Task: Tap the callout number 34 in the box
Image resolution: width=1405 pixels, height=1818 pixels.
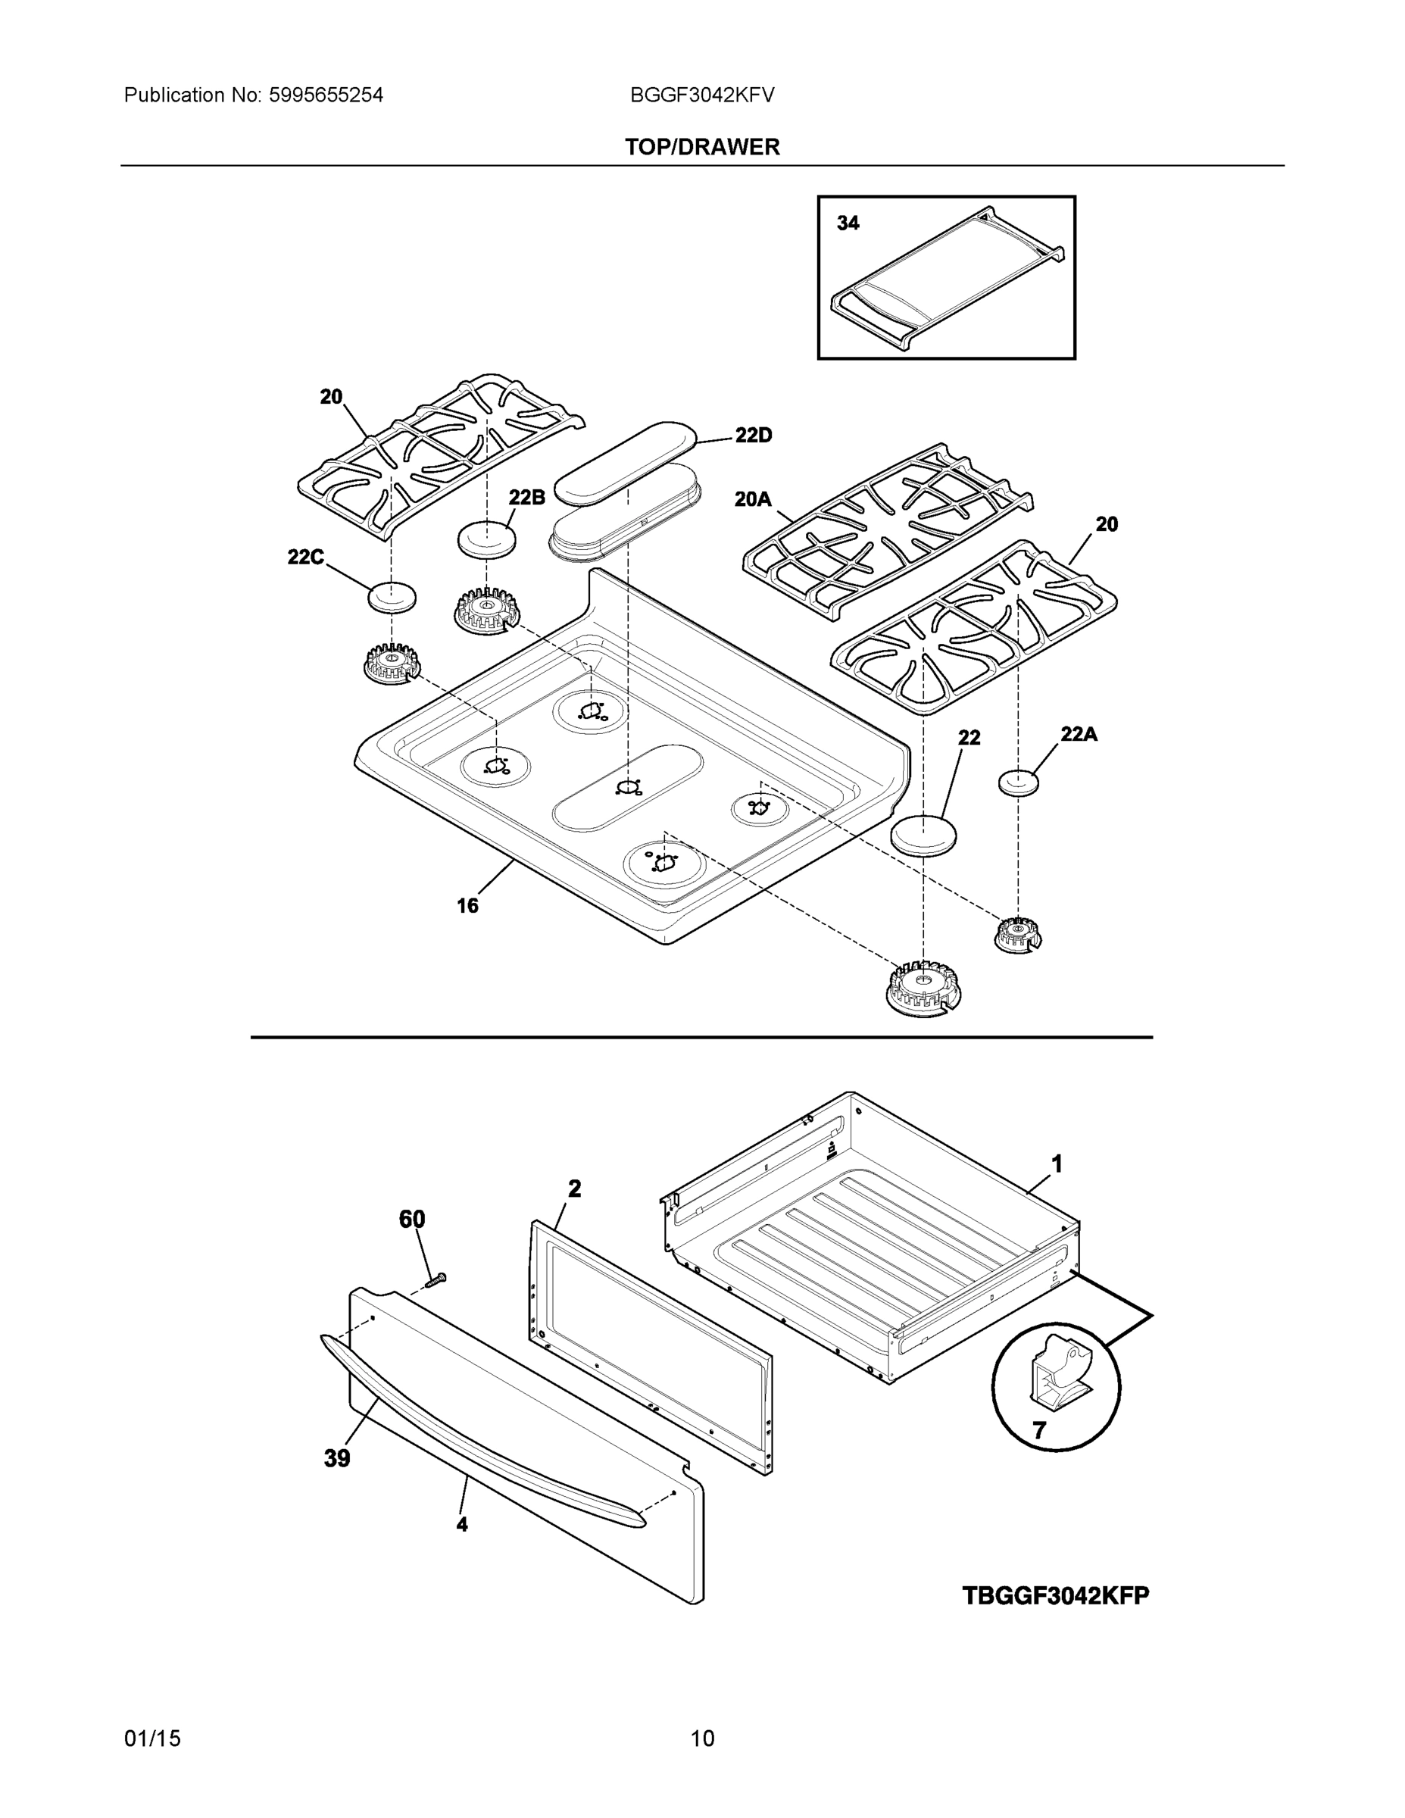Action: coord(848,223)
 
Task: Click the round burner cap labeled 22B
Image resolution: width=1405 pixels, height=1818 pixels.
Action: coord(487,539)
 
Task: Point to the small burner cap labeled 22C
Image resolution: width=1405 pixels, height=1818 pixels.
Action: coord(391,597)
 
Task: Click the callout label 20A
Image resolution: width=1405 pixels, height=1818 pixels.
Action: coord(752,499)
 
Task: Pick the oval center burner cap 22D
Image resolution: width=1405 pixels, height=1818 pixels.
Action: coord(624,462)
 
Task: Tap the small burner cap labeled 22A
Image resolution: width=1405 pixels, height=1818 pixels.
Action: coord(1018,782)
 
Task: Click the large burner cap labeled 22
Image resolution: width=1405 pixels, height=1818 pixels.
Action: coord(923,835)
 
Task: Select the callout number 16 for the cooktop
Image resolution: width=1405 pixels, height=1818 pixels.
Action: coord(468,906)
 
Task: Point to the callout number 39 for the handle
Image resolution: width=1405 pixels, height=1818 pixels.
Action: coord(337,1458)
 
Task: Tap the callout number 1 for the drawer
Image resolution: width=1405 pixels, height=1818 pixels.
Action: coord(1057,1164)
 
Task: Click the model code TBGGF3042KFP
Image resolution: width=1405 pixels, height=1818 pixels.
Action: coord(1055,1596)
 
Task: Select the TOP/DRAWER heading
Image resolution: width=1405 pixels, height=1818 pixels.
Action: coord(703,148)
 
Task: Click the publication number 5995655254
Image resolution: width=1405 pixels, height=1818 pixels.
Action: coord(326,95)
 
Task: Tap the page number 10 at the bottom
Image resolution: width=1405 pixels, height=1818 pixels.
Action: coord(703,1739)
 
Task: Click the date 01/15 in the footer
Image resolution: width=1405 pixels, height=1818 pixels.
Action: coord(152,1739)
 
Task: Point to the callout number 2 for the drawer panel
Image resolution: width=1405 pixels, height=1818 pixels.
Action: coord(574,1189)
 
